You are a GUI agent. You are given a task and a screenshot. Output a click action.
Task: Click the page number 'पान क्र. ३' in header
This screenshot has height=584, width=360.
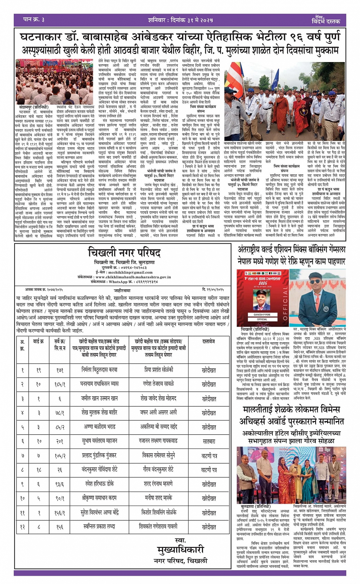(x=34, y=19)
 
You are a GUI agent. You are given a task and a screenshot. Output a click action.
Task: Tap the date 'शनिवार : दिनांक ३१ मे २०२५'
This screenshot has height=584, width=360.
(x=180, y=20)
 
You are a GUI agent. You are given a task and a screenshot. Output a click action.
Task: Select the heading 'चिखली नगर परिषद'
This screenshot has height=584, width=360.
(x=124, y=252)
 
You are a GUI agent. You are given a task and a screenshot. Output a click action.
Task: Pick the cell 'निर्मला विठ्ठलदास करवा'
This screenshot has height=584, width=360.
(x=99, y=370)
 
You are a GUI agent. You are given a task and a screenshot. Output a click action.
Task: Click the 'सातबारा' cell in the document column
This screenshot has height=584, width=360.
(x=209, y=442)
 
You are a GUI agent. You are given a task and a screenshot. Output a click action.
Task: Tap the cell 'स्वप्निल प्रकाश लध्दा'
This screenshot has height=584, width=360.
(x=99, y=527)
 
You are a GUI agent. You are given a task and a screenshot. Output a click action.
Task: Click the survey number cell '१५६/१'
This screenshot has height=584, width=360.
(x=60, y=513)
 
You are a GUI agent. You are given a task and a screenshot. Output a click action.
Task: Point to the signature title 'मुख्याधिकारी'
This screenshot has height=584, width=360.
(x=181, y=550)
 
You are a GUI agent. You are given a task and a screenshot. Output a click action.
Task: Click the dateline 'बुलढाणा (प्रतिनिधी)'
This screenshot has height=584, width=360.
(x=256, y=507)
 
